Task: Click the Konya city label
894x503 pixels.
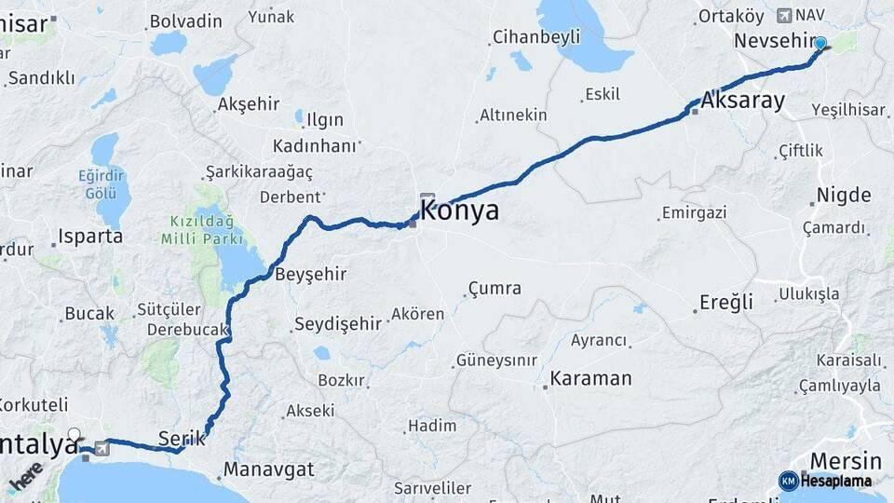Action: point(460,211)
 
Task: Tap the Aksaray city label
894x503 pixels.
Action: point(744,101)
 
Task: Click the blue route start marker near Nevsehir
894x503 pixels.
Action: point(819,43)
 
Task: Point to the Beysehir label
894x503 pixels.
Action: point(311,274)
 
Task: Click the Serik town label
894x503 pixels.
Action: point(181,438)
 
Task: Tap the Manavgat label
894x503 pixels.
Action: point(269,469)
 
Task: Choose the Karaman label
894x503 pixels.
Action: point(590,379)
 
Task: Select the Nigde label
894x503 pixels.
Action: point(844,196)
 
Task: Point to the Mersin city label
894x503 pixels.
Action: point(846,460)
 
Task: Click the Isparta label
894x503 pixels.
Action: point(90,236)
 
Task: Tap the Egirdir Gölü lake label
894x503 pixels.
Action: point(102,184)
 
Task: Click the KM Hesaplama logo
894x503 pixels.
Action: point(825,481)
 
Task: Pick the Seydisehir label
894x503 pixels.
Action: point(338,324)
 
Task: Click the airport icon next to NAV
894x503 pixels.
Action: point(783,15)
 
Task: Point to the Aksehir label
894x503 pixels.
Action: point(249,104)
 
